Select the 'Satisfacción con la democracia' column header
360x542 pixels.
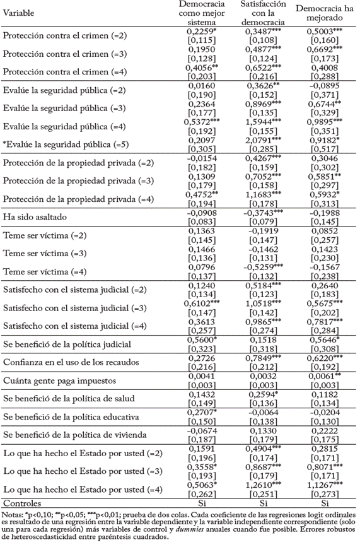tap(260, 13)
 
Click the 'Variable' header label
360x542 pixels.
tap(19, 12)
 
